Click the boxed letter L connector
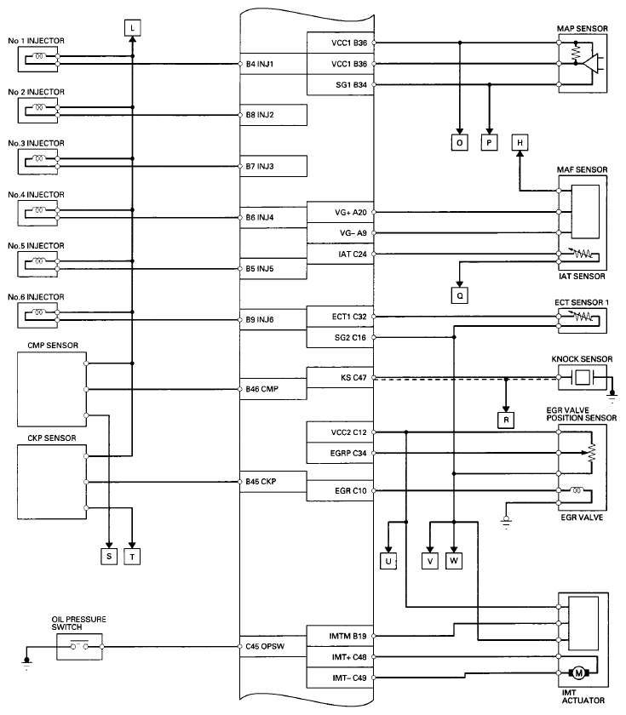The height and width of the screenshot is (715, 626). point(133,28)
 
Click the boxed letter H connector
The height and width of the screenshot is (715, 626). point(520,143)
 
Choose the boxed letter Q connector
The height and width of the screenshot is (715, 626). point(459,296)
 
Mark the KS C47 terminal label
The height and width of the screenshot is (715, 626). point(352,378)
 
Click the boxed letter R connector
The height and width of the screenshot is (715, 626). point(506,419)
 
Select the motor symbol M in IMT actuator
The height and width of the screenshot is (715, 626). point(579,673)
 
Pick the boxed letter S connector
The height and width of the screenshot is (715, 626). point(109,556)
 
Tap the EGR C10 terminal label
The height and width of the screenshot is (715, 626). point(352,491)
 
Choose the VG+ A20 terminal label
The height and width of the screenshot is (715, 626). point(350,212)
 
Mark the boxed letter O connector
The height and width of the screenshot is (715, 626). point(459,143)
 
